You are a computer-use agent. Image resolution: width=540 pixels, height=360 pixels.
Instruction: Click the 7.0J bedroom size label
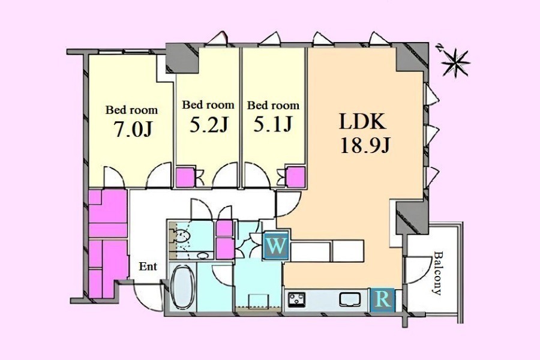[x=133, y=129]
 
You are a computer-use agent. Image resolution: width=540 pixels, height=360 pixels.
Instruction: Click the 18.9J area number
[x=365, y=145]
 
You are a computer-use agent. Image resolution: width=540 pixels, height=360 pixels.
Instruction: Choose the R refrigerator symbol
[x=383, y=299]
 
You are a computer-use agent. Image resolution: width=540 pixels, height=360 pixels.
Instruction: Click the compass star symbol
[x=455, y=62]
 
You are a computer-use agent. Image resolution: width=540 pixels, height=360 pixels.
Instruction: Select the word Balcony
[x=437, y=273]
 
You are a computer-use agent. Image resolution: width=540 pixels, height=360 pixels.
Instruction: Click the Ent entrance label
[x=148, y=266]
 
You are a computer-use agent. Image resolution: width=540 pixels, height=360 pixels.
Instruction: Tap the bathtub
[x=183, y=287]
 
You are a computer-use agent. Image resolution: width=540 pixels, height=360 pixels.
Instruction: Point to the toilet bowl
[x=182, y=236]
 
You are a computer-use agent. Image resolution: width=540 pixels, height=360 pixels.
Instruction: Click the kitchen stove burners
[x=296, y=300]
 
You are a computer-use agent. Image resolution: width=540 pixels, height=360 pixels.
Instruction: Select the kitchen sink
[x=350, y=299]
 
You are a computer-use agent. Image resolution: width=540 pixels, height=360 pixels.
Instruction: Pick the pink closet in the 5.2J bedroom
[x=185, y=178]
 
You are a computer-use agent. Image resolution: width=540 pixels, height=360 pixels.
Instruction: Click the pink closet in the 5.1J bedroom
[x=296, y=177]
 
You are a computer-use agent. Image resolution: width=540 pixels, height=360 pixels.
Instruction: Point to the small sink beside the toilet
[x=203, y=256]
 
